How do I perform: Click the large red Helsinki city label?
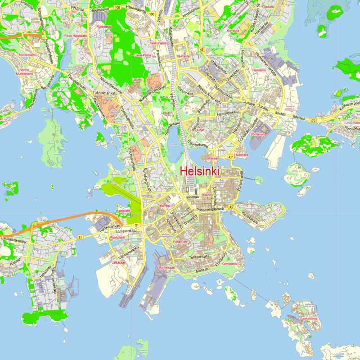(x=199, y=171)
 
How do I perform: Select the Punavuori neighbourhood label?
(x=180, y=242)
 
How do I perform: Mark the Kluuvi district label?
(x=207, y=195)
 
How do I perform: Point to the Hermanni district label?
(x=259, y=71)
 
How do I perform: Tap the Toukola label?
(x=268, y=7)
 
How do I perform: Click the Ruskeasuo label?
(x=103, y=27)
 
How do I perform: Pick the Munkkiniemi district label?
(x=27, y=55)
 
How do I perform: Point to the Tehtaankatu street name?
(x=200, y=256)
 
